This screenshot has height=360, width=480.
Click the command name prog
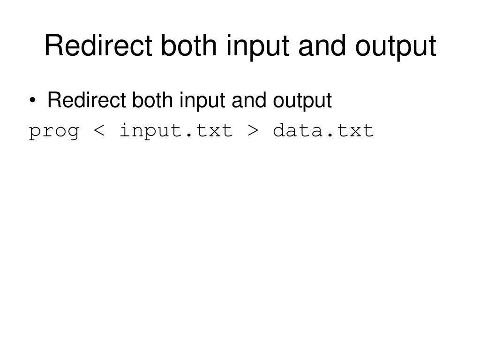point(54,131)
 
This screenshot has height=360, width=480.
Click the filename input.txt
point(176,130)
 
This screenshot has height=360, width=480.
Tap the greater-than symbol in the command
point(253,131)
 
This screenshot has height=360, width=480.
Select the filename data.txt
point(323,130)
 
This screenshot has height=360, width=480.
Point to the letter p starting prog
point(35,132)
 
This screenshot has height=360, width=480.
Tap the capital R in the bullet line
point(53,100)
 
